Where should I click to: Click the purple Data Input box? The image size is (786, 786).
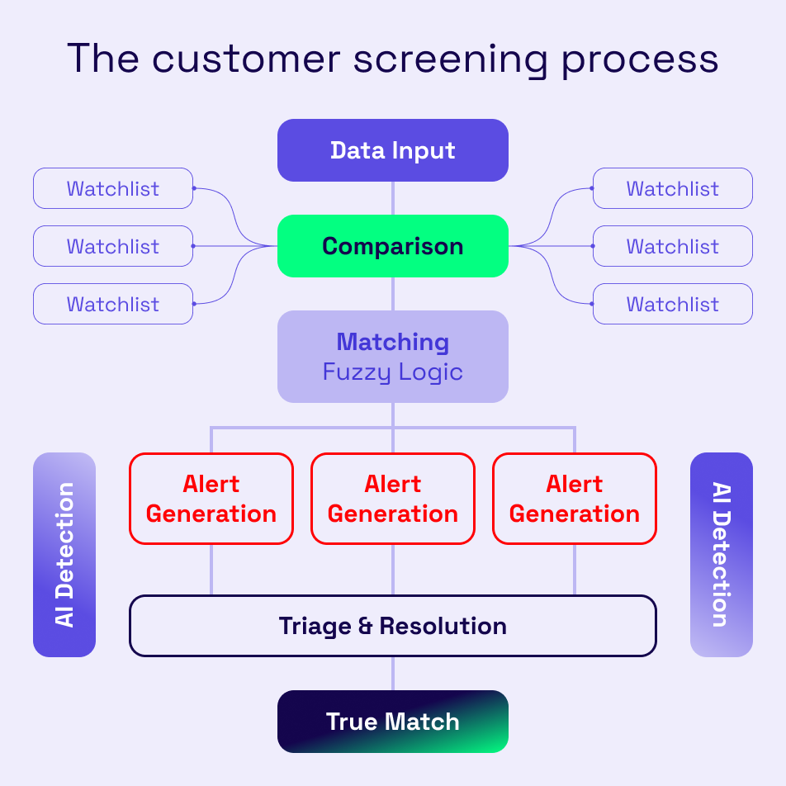pos(392,150)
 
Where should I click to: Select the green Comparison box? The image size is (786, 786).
pos(392,246)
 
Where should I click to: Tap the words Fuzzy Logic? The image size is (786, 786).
pos(392,372)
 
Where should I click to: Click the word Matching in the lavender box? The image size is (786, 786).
pos(392,342)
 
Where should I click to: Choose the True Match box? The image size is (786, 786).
pos(392,722)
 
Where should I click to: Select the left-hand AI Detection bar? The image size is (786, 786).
pos(64,555)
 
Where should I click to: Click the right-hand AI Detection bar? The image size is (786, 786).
pos(721,555)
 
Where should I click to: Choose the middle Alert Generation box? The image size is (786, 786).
pos(393,499)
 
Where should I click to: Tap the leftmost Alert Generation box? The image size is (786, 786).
pos(211,499)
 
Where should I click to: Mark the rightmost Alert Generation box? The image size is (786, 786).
pos(575,499)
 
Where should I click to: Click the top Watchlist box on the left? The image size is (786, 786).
pos(113,188)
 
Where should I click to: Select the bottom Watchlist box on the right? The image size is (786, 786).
pos(673,304)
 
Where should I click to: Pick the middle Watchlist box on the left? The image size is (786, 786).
pos(113,246)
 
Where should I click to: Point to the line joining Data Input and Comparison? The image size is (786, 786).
pos(393,198)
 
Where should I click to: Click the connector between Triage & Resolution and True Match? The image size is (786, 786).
pos(393,674)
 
